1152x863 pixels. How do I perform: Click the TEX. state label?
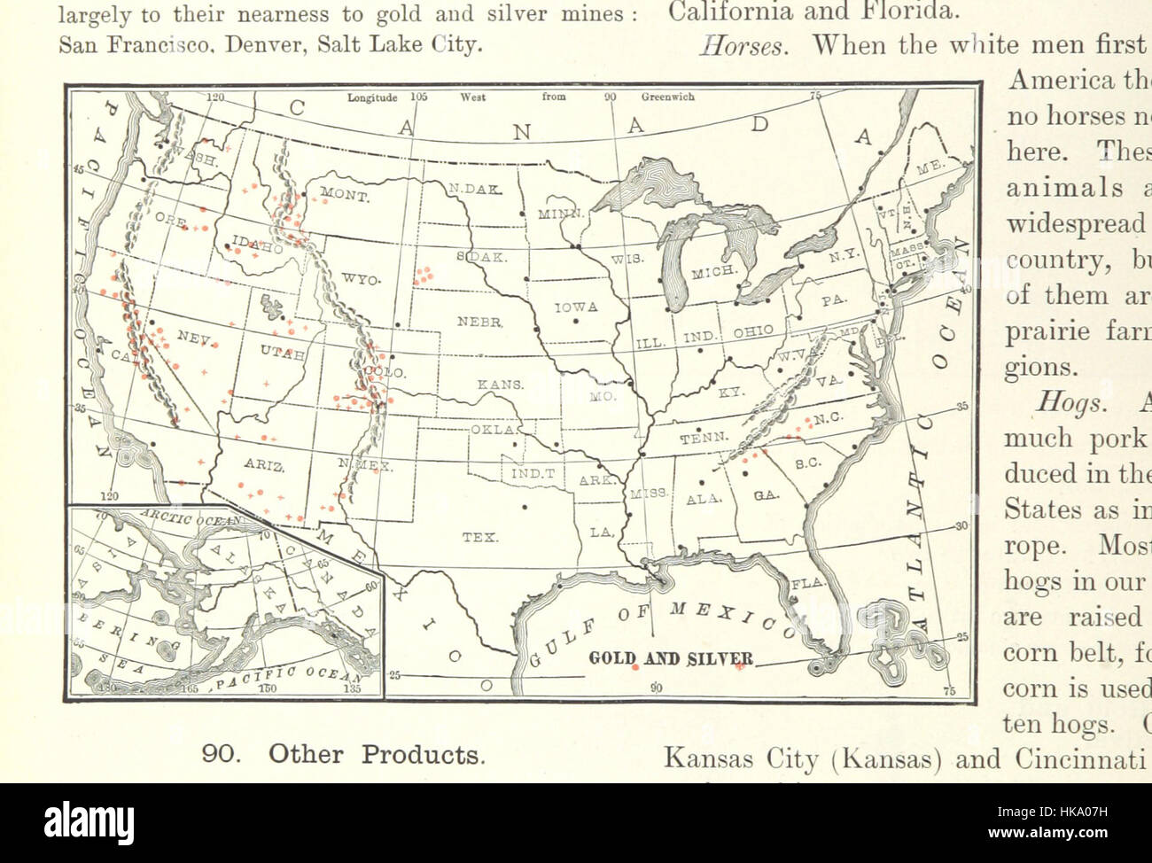pos(479,537)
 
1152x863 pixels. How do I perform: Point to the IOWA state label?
pos(576,307)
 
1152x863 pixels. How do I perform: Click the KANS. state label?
pos(501,385)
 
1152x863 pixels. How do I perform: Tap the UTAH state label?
pos(283,354)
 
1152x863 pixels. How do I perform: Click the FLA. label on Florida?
pos(806,583)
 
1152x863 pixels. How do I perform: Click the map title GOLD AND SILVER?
pos(672,658)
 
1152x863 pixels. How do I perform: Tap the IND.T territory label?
pos(533,473)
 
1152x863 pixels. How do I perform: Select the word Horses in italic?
pos(743,46)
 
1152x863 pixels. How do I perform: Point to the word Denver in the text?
pos(265,43)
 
